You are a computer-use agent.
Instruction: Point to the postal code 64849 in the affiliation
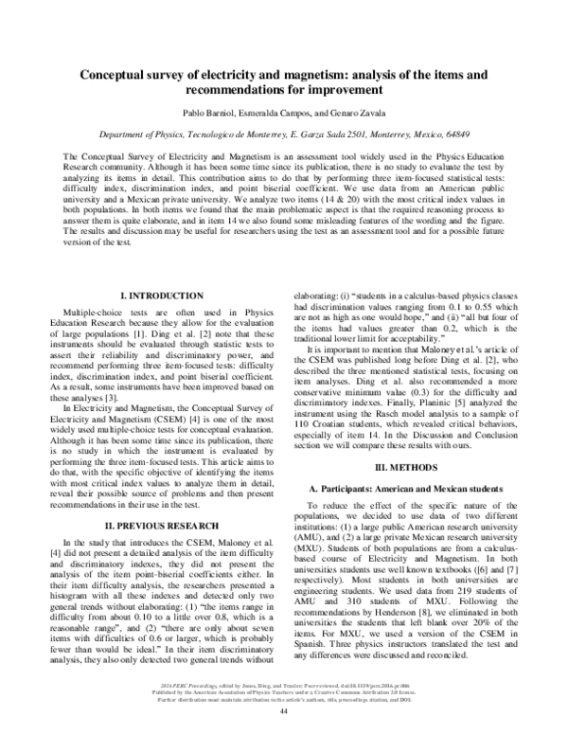(x=453, y=134)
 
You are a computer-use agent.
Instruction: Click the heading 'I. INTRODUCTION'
(x=169, y=296)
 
